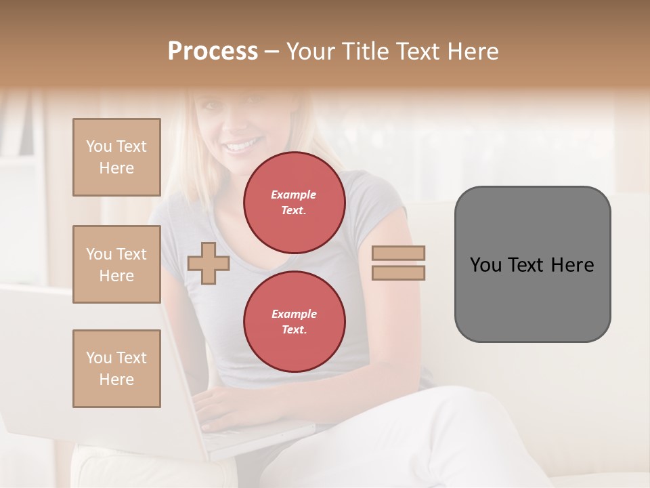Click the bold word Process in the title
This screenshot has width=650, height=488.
213,51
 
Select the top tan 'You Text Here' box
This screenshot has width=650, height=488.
116,157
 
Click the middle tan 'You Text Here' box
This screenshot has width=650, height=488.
116,264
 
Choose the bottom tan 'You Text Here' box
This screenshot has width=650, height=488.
116,369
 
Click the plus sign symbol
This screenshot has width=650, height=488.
209,262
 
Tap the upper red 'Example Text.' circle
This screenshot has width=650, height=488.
294,203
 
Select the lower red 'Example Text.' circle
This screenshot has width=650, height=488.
294,322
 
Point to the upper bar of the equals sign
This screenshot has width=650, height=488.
399,253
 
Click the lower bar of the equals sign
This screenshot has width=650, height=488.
399,272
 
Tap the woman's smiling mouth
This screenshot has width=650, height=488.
242,145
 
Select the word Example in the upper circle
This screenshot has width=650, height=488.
294,195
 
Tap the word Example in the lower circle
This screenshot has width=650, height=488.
294,314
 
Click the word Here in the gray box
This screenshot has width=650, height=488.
572,265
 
